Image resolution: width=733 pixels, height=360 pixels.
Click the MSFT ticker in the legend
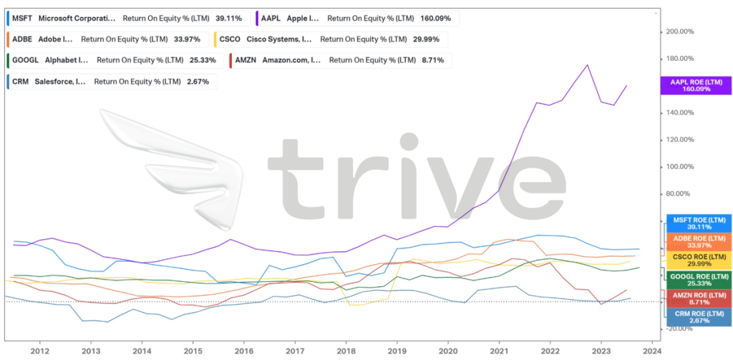pyautogui.click(x=23, y=18)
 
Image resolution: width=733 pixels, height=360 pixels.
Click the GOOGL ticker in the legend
pyautogui.click(x=26, y=61)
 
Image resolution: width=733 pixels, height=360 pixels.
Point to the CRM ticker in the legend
pyautogui.click(x=21, y=82)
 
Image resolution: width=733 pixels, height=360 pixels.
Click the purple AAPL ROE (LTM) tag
pyautogui.click(x=696, y=86)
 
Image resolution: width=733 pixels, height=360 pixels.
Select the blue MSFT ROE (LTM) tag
pyautogui.click(x=697, y=223)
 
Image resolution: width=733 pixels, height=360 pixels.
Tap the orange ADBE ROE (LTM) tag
pyautogui.click(x=697, y=241)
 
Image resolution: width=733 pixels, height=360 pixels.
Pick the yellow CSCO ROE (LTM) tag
pyautogui.click(x=697, y=261)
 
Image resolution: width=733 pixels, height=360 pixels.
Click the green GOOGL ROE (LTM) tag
pyautogui.click(x=697, y=280)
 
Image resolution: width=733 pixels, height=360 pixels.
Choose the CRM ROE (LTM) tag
pyautogui.click(x=697, y=318)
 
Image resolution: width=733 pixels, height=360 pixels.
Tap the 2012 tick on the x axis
pyautogui.click(x=40, y=351)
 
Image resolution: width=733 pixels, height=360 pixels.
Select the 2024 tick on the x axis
pyautogui.click(x=652, y=351)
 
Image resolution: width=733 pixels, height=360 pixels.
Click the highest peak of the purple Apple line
pyautogui.click(x=588, y=65)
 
